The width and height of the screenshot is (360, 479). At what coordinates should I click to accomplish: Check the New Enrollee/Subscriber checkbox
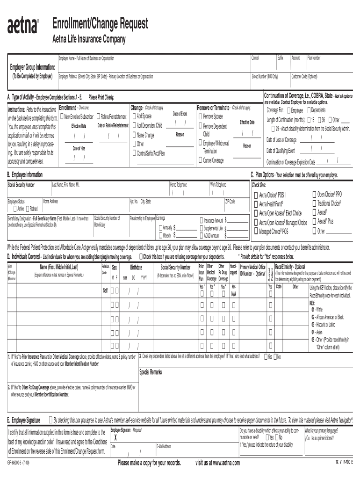[x=62, y=116]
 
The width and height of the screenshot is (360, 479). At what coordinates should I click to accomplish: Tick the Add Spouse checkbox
[x=134, y=116]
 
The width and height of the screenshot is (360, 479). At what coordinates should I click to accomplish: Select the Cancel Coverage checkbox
[x=201, y=160]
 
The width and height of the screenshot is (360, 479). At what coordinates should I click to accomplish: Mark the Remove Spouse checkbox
[x=201, y=116]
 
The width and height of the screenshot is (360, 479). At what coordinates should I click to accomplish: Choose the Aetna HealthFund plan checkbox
[x=255, y=203]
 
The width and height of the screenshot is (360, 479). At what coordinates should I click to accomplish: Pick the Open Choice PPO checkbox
[x=314, y=194]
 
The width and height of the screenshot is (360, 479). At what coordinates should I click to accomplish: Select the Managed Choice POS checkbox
[x=255, y=231]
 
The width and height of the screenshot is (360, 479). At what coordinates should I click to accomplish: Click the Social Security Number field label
[x=21, y=185]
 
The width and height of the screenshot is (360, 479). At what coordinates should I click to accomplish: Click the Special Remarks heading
[x=151, y=372]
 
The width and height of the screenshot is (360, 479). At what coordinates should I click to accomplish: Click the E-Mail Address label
[x=164, y=447]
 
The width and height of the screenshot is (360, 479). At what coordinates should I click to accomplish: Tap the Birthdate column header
[x=136, y=267]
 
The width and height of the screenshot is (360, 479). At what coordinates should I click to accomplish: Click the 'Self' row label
[x=105, y=291]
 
